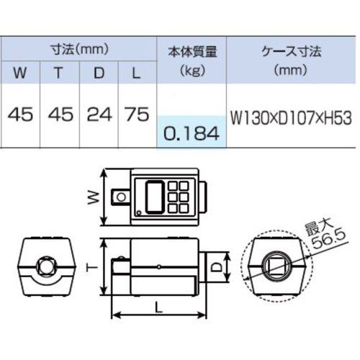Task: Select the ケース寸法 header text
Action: pyautogui.click(x=291, y=50)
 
